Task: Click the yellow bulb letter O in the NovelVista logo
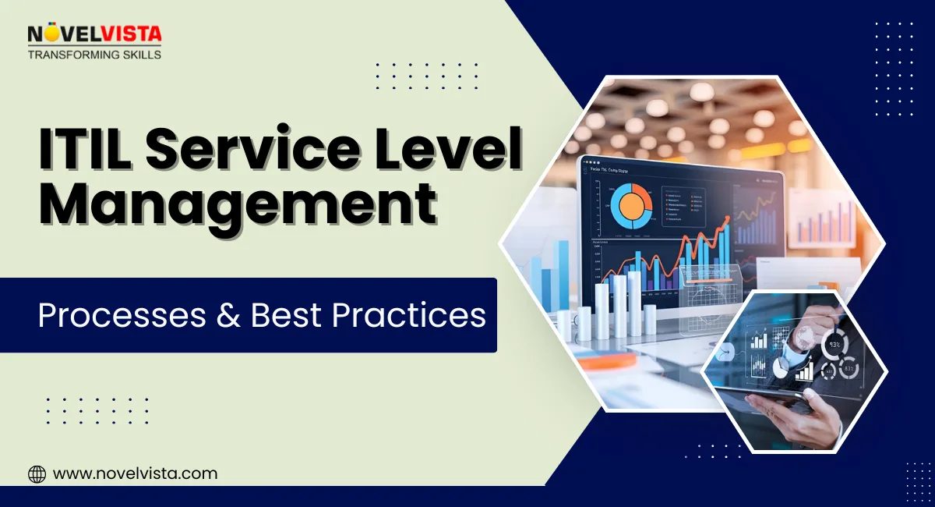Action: pyautogui.click(x=48, y=33)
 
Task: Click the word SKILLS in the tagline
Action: pyautogui.click(x=139, y=55)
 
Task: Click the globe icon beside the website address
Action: pyautogui.click(x=37, y=473)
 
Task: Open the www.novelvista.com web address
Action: pyautogui.click(x=135, y=473)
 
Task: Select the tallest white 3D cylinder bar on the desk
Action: pyautogui.click(x=620, y=303)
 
